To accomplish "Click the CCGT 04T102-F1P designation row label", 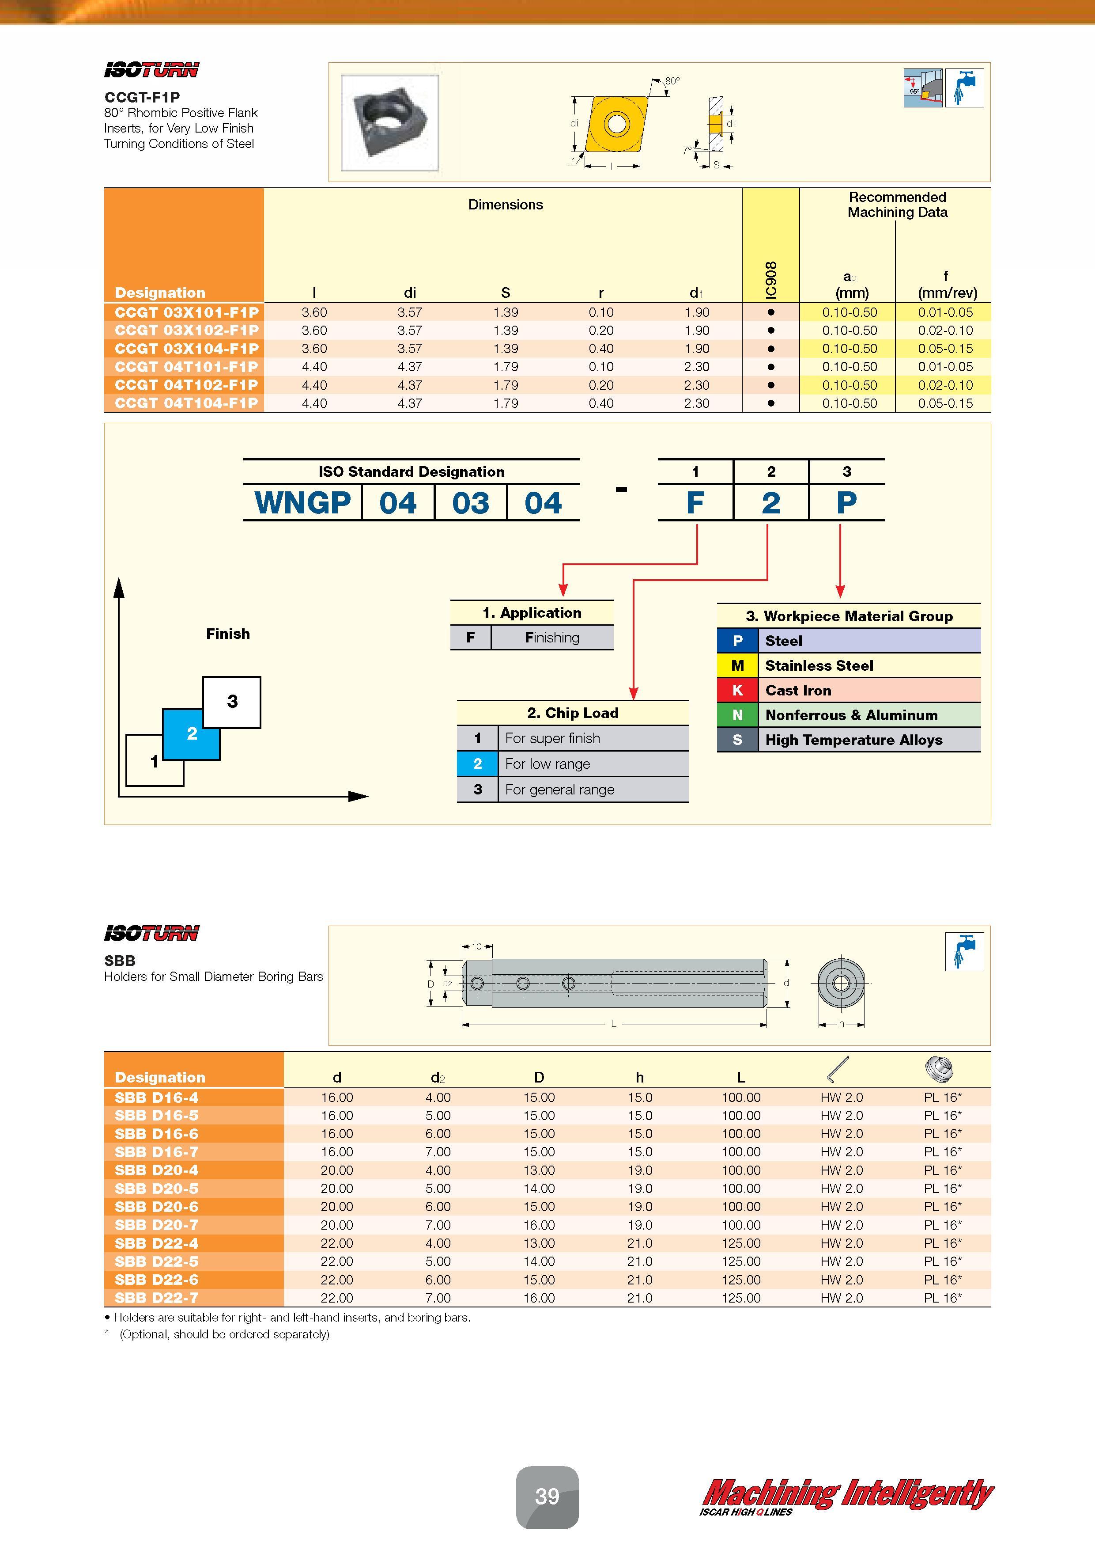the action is coord(186,385).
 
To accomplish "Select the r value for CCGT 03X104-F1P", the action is coord(600,348).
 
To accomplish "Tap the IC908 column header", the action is coord(771,279).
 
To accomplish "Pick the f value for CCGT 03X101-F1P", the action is coord(945,312).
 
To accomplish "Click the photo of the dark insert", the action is coord(389,122).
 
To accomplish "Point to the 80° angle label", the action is coord(672,81).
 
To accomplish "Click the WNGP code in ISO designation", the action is coord(302,503).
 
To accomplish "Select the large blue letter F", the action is coord(695,503).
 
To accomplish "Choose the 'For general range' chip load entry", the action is coord(559,789).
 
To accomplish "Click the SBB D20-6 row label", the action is coord(157,1206).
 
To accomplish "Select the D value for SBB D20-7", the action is coord(539,1225).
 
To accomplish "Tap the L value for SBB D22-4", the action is coord(741,1243).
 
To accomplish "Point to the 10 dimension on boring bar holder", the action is coord(476,946).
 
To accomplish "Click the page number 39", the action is coord(547,1497).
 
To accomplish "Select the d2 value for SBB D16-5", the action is coord(438,1115).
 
